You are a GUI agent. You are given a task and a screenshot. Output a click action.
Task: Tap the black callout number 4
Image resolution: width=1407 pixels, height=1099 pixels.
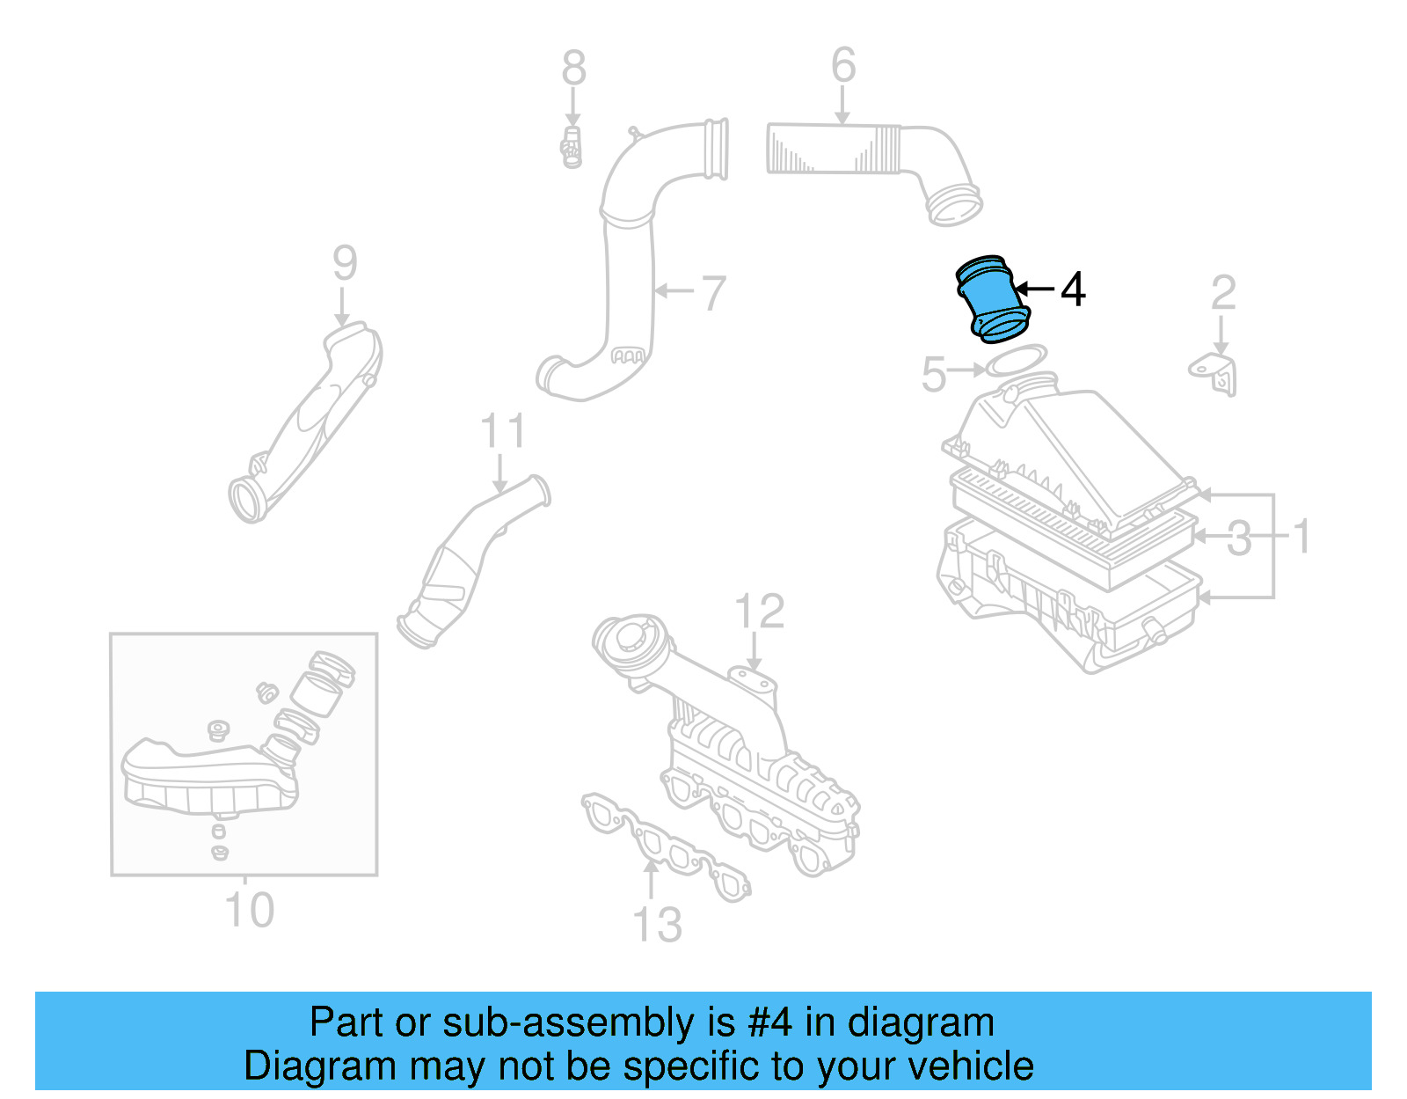tap(1073, 289)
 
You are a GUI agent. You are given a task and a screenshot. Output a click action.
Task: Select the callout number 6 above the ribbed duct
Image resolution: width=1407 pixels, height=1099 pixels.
tap(843, 65)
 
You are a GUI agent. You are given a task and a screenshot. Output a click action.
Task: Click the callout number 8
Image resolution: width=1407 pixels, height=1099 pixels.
tap(573, 68)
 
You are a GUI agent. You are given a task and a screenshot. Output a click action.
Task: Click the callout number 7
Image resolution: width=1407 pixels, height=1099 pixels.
tap(714, 293)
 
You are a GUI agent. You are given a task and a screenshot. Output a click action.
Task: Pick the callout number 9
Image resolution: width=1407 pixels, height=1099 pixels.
tap(345, 263)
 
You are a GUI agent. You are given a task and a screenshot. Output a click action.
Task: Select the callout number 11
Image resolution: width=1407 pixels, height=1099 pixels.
tap(503, 431)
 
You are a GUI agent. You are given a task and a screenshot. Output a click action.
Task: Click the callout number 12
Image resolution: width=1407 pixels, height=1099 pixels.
tap(759, 612)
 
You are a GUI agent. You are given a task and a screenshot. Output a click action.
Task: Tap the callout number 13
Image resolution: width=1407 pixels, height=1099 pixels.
tap(657, 925)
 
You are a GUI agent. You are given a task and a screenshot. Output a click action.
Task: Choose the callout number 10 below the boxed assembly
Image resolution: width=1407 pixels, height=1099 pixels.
tap(250, 910)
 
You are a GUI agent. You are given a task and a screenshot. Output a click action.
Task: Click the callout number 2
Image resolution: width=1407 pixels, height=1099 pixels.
tap(1223, 293)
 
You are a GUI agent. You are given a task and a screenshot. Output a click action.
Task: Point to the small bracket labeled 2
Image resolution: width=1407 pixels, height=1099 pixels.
tap(1216, 373)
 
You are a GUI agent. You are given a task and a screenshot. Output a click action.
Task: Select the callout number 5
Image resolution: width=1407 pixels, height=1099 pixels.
tap(933, 374)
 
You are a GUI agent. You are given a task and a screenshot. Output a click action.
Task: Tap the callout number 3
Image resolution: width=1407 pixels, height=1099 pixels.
tap(1239, 538)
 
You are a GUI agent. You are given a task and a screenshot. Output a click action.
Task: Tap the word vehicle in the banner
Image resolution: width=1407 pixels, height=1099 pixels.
tap(970, 1066)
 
